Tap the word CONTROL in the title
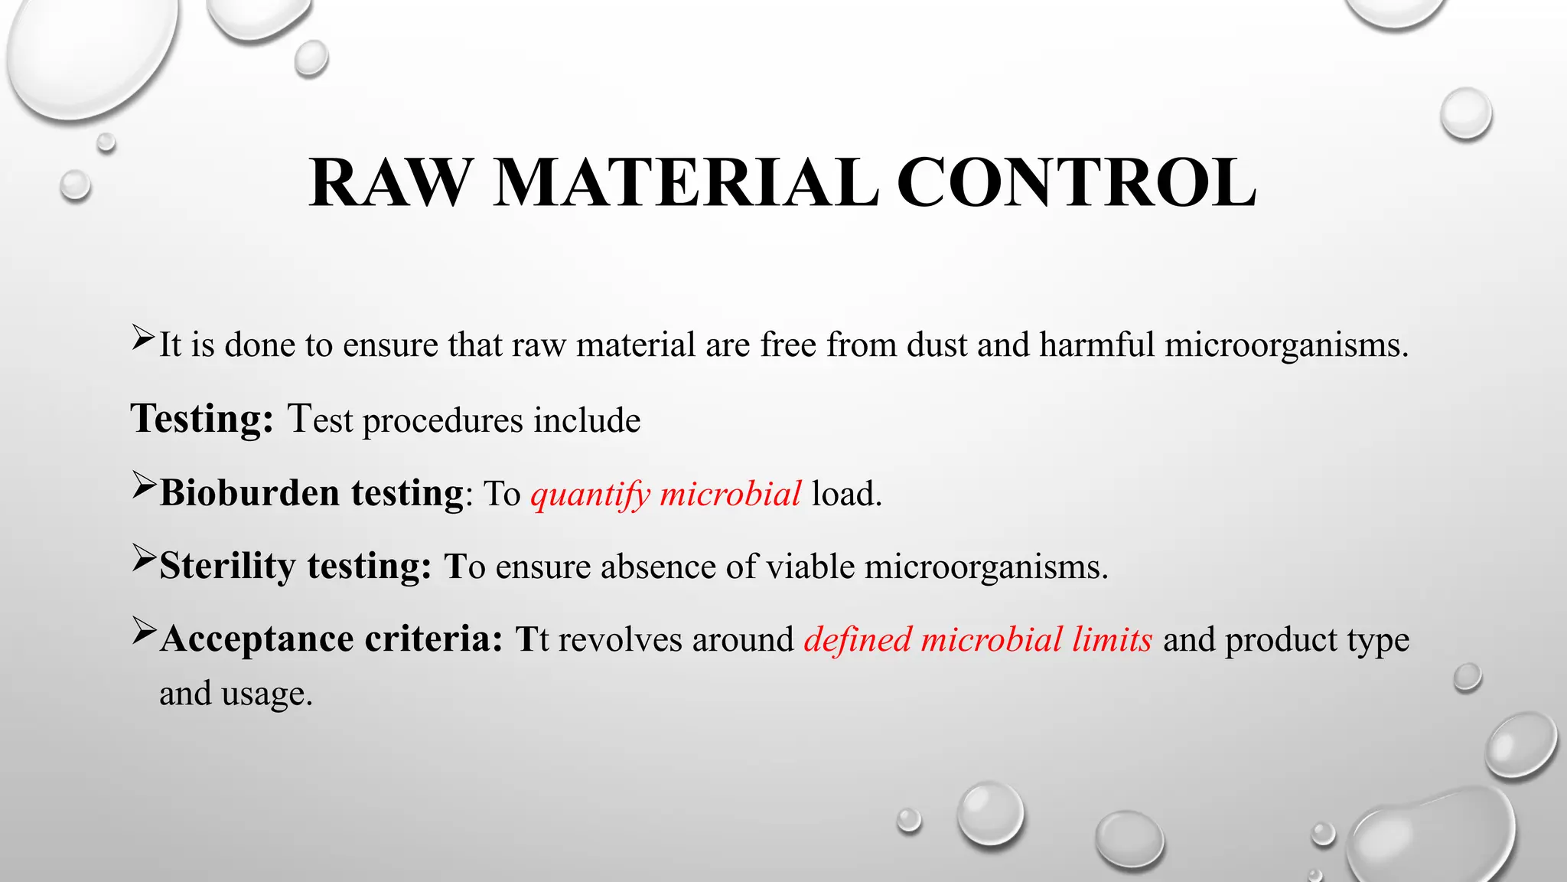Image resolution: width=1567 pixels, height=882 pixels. (x=1076, y=184)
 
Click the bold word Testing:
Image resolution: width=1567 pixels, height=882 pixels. (x=202, y=419)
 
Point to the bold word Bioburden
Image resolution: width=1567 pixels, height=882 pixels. (x=249, y=492)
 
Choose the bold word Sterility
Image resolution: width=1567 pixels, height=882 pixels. (x=227, y=567)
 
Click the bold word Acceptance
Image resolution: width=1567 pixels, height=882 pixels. (x=257, y=639)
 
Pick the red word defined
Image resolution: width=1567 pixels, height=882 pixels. (x=857, y=639)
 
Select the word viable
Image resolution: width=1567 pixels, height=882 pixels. (x=810, y=567)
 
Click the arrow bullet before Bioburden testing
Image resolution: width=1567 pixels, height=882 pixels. (x=143, y=485)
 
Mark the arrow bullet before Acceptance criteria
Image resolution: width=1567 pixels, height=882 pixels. (x=143, y=631)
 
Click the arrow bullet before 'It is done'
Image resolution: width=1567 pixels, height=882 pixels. (x=143, y=337)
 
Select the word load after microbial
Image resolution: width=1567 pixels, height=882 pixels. (x=846, y=494)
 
